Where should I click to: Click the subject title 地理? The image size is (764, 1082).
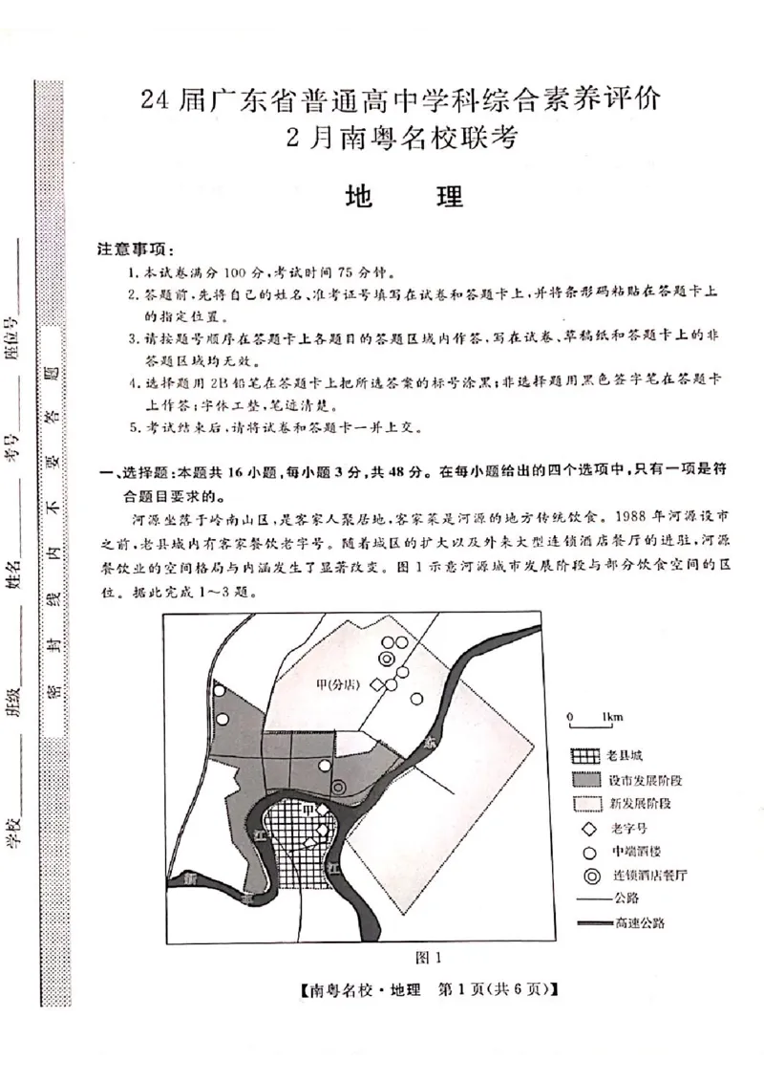point(403,196)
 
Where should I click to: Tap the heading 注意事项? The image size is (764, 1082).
point(135,249)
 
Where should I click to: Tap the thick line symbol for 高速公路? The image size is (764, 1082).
point(592,923)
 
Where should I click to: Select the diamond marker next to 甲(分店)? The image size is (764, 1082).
point(377,684)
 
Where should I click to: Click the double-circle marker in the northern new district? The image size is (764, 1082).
point(386,660)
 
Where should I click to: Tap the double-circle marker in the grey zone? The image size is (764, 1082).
point(338,787)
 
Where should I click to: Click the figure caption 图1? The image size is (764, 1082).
point(416,956)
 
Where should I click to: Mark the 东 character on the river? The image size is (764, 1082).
point(431,741)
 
